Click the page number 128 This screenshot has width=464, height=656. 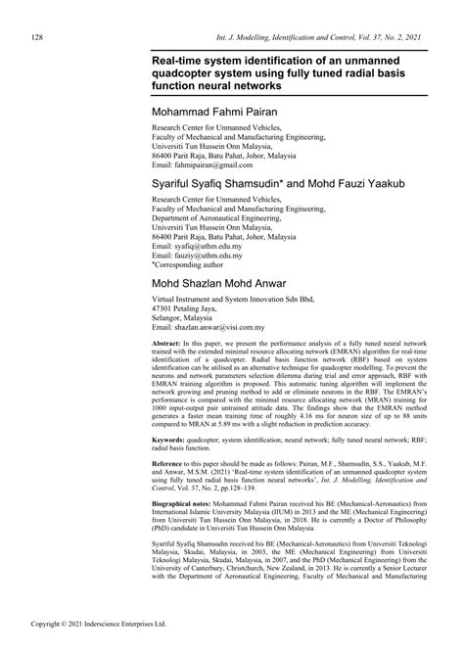(37, 37)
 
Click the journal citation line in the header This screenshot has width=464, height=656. (288, 37)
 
